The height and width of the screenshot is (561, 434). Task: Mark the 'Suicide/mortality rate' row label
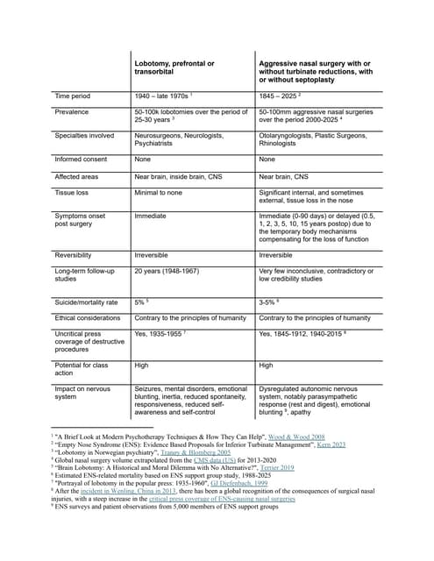(x=89, y=301)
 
